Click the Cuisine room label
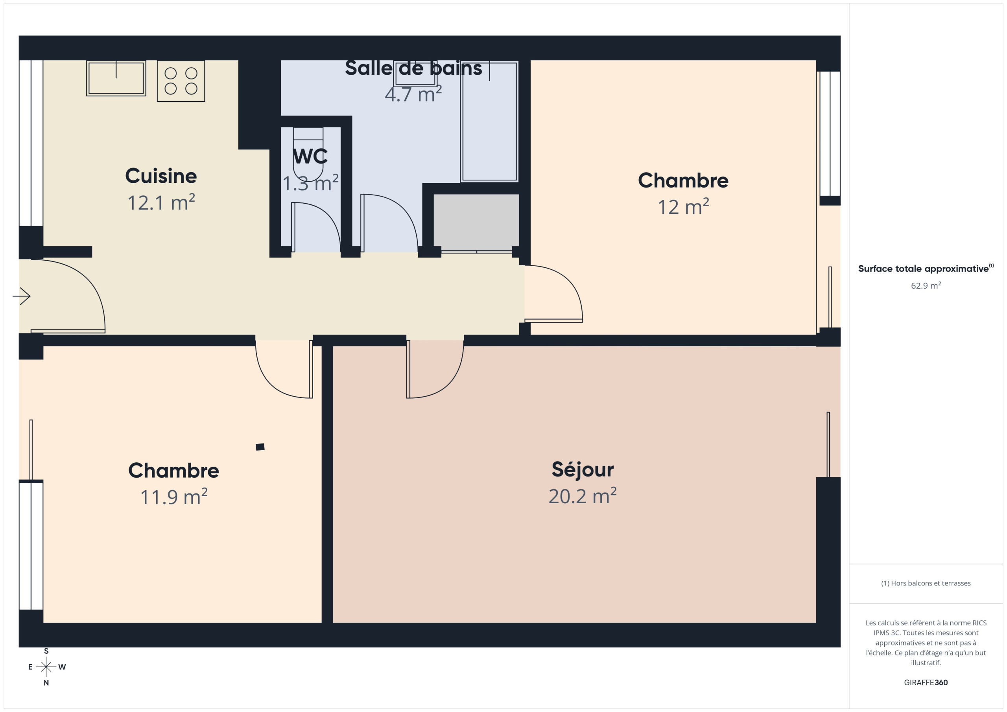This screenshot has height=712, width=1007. pos(161,176)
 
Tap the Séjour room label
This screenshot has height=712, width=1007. pos(583,470)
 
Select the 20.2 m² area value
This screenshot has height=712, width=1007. pos(583,496)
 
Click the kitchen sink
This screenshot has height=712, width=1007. pos(116,79)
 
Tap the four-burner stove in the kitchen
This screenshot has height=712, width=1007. pos(181,81)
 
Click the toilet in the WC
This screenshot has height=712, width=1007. pos(308,154)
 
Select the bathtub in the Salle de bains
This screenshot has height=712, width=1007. pos(489,121)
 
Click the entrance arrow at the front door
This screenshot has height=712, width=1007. pos(21,296)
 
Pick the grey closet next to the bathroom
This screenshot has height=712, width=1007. pos(476,222)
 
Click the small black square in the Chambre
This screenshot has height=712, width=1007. pos(260,447)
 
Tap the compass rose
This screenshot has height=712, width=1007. pos(46,667)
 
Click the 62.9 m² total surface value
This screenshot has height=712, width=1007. pos(926,285)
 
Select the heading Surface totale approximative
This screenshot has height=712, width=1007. pos(923,269)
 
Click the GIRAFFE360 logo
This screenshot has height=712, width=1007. pos(926,683)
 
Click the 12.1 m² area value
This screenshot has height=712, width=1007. pos(161,202)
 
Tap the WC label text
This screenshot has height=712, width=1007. pos(310,156)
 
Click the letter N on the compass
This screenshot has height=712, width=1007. pos(46,683)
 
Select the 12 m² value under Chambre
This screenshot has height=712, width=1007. pos(683,206)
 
